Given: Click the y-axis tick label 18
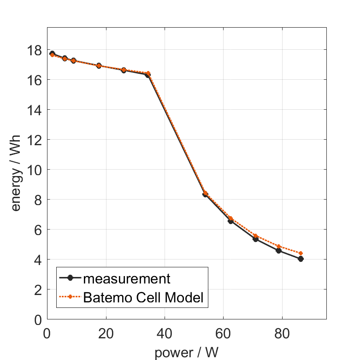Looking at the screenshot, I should tap(35, 50).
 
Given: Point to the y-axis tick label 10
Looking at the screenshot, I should tap(35, 170).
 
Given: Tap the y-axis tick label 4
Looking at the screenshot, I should tap(38, 260).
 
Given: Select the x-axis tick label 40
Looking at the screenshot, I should tap(165, 332).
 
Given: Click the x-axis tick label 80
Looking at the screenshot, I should tap(282, 332).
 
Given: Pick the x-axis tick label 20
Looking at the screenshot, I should tap(106, 332).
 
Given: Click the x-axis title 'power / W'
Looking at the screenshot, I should tap(186, 353).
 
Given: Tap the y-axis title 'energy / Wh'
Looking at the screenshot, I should tap(16, 170).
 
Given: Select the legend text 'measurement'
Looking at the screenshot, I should tap(127, 278).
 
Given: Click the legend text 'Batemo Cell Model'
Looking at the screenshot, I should tap(143, 297).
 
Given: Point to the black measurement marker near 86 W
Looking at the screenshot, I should tap(301, 259).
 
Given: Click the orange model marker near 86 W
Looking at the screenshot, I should tap(301, 253).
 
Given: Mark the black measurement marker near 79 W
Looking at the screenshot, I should tap(278, 251).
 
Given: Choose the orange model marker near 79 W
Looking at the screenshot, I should tap(278, 246).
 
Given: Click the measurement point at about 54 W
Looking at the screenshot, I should tap(205, 195).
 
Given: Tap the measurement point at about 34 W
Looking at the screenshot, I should tap(148, 75).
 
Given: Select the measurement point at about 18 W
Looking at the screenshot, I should tap(99, 66).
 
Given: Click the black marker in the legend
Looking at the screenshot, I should tap(70, 278).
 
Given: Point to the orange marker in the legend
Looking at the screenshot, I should tap(70, 297).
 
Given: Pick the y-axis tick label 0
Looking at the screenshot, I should tap(38, 319).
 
